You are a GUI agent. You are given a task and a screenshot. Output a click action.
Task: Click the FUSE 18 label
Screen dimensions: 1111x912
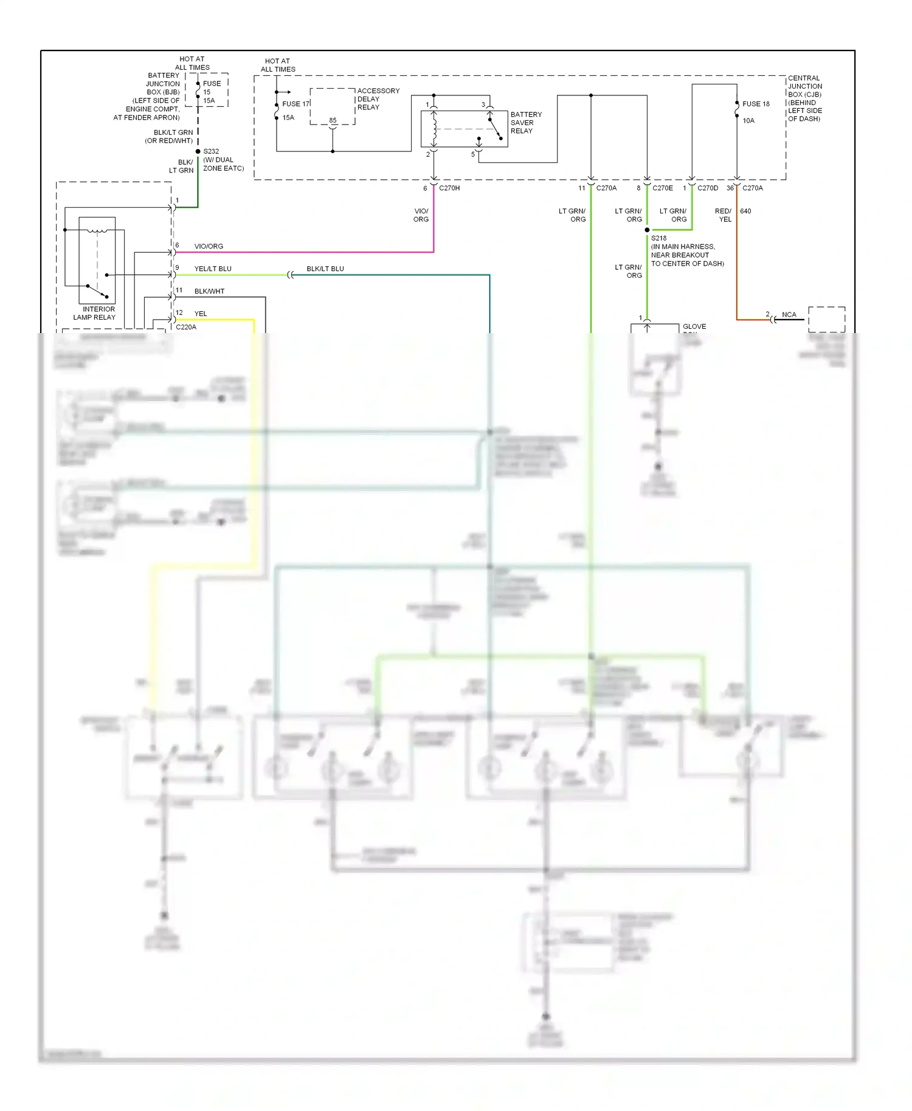(x=756, y=104)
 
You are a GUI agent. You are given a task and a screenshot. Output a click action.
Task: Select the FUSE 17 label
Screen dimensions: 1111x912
(x=295, y=104)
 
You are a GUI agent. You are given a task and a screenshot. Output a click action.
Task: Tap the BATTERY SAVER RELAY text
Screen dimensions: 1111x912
(x=526, y=123)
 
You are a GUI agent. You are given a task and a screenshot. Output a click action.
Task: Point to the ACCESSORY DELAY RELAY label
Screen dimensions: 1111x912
(x=378, y=99)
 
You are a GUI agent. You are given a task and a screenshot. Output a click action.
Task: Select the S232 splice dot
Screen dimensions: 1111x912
(x=198, y=151)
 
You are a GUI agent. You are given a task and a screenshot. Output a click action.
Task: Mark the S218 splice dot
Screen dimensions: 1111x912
(x=647, y=230)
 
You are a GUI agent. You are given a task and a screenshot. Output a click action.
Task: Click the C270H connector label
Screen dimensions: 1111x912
(x=449, y=188)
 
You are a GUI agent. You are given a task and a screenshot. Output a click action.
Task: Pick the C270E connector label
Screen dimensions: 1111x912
(x=663, y=188)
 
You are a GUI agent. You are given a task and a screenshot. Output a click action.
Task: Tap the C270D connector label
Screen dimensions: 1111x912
(x=708, y=188)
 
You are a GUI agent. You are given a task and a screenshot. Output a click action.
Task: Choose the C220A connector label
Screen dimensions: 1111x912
(x=186, y=327)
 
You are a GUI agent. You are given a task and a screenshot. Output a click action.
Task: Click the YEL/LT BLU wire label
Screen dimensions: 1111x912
(x=213, y=269)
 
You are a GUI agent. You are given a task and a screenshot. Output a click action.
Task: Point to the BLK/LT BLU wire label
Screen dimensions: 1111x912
(x=325, y=269)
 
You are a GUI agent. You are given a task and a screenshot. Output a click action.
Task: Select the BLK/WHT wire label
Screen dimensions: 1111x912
(x=209, y=291)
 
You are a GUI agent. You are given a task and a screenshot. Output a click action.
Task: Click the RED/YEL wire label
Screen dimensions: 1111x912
(x=724, y=215)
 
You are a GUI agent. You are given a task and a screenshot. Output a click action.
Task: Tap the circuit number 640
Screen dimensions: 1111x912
(x=745, y=212)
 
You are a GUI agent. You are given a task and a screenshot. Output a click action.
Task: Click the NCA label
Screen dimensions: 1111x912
(x=789, y=315)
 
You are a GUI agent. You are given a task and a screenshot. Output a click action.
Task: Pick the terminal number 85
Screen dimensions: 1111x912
(x=333, y=120)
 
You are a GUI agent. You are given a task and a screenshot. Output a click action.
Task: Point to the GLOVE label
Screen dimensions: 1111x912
(x=694, y=326)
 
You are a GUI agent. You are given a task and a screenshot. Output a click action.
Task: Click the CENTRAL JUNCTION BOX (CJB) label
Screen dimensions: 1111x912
(x=805, y=98)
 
